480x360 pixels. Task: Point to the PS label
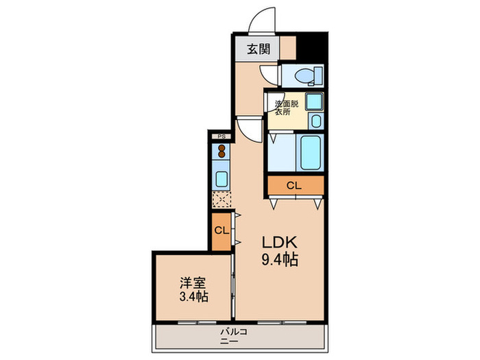click(221, 137)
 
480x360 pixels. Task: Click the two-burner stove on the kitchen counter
click(221, 154)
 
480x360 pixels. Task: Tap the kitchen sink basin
click(221, 179)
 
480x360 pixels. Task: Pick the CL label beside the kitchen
click(221, 230)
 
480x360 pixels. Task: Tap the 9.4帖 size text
click(278, 261)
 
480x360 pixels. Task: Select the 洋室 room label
click(192, 283)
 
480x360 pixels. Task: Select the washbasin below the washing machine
click(314, 122)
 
